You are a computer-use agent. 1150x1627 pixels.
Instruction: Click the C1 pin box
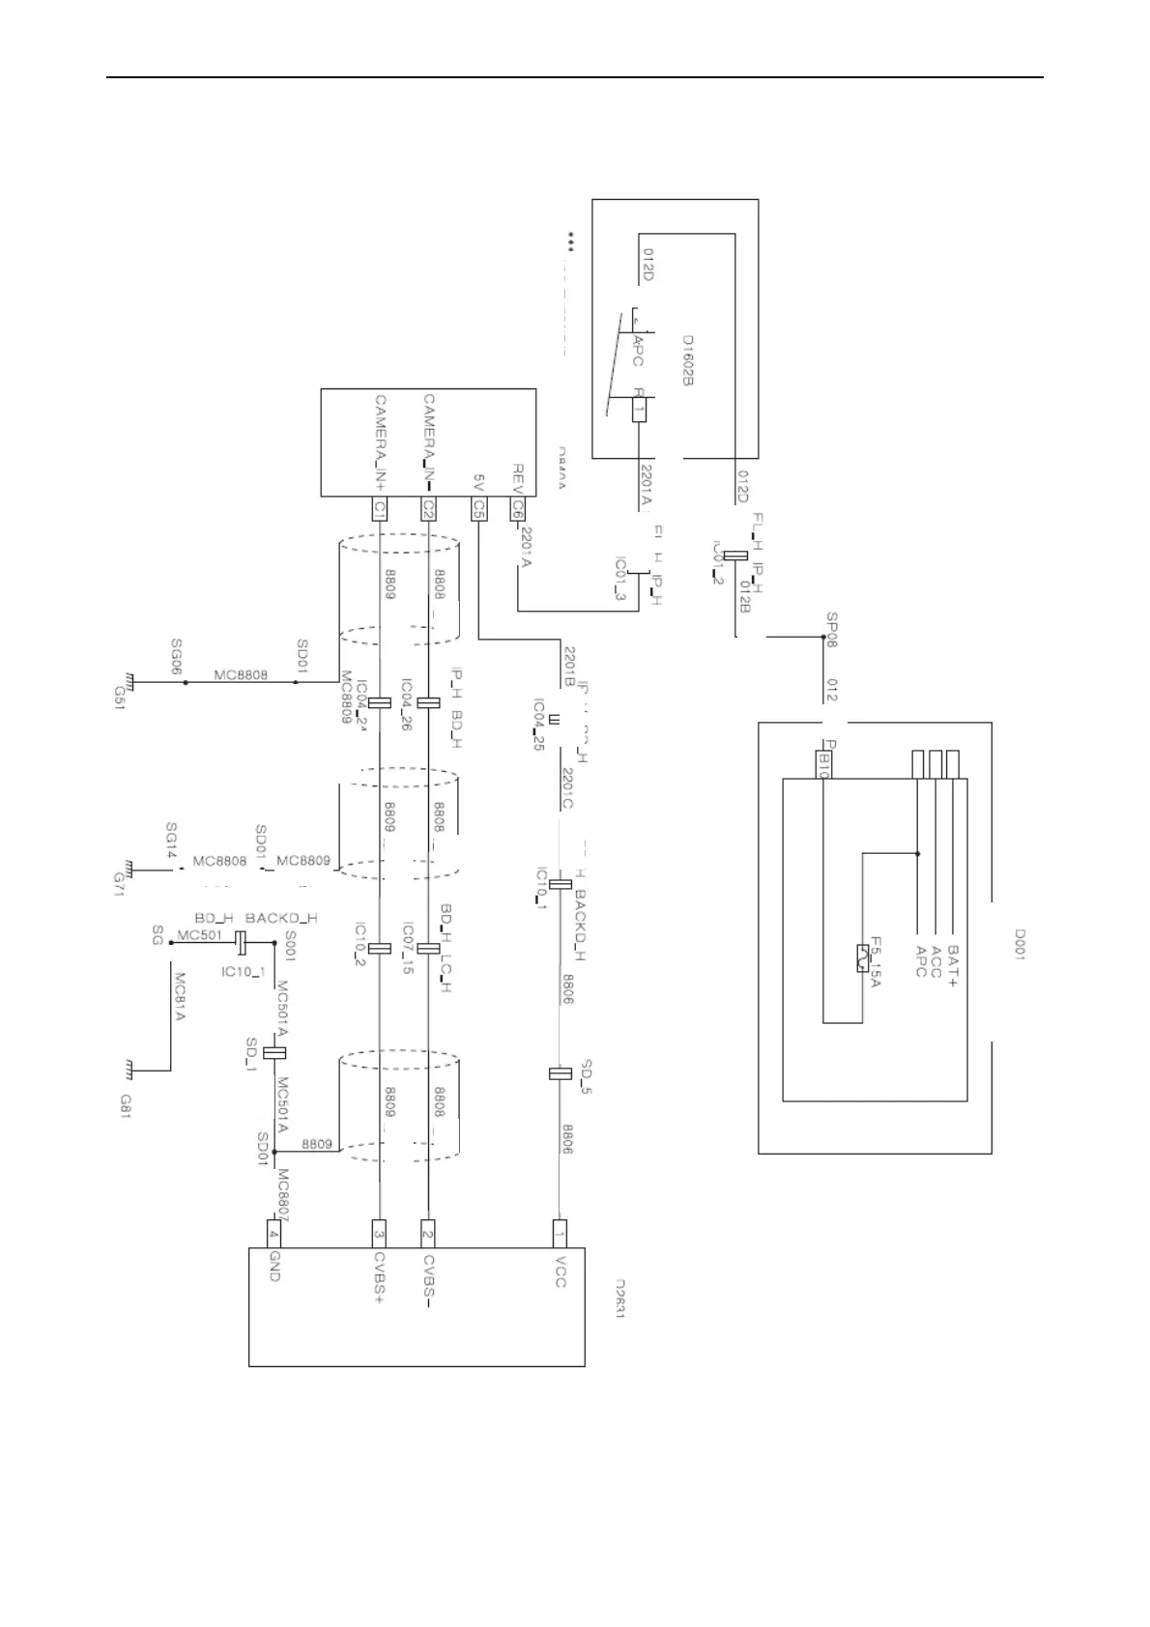point(380,508)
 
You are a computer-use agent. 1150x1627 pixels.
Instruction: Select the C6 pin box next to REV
point(519,508)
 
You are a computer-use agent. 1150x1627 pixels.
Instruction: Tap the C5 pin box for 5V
point(478,508)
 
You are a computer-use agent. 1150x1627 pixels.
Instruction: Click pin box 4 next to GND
point(273,1234)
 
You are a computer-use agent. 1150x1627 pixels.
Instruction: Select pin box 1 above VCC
point(560,1233)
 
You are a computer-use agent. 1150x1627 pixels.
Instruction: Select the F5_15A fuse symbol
point(860,958)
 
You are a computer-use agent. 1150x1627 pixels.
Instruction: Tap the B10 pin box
point(823,763)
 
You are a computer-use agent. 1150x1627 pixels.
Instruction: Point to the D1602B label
point(688,360)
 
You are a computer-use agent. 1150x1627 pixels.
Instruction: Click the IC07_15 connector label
point(408,948)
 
